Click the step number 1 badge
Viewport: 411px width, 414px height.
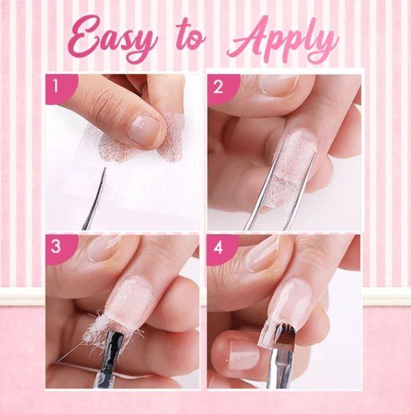click(61, 87)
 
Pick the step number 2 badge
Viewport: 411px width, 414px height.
click(222, 89)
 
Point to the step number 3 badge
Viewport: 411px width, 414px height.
click(61, 248)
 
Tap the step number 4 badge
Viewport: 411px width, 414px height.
click(222, 249)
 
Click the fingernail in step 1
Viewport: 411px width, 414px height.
click(145, 130)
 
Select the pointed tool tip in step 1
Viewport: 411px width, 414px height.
click(104, 169)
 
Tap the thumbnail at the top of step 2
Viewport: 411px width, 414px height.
click(279, 84)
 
